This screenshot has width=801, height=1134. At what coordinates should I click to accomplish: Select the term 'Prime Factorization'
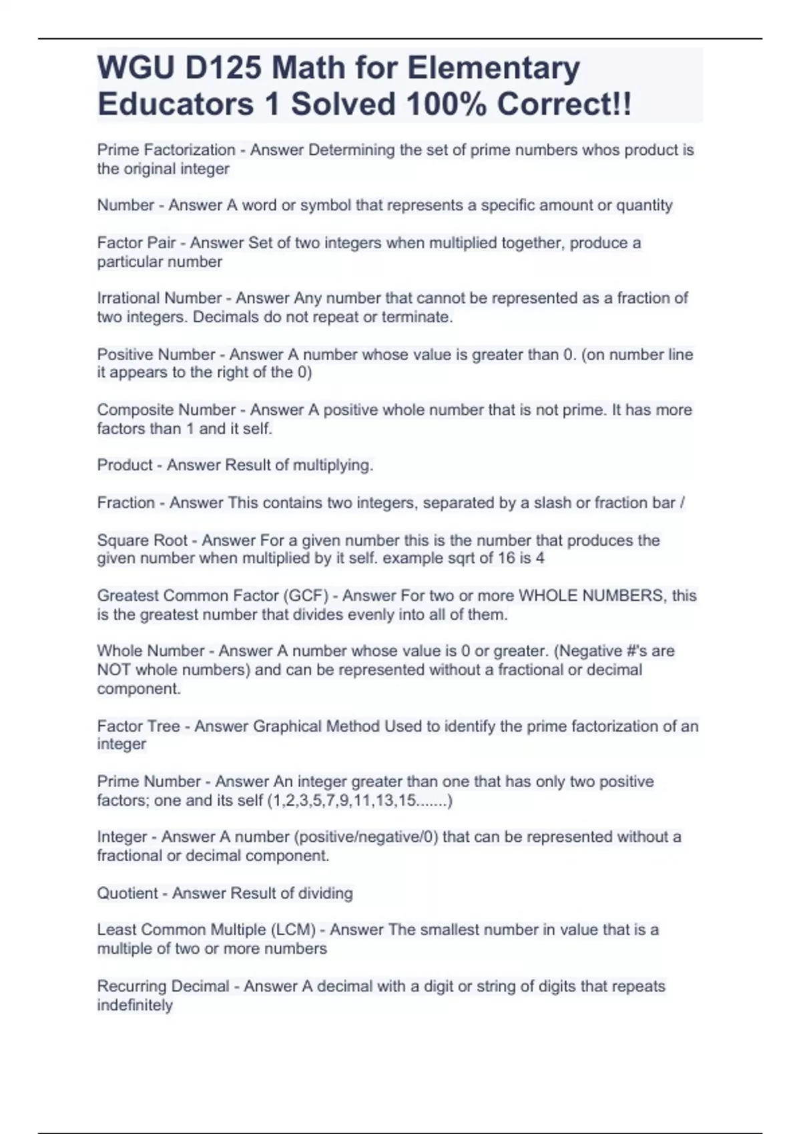pyautogui.click(x=166, y=150)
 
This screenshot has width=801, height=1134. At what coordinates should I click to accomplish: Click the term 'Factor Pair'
pyautogui.click(x=136, y=243)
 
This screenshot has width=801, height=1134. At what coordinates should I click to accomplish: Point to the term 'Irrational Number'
pyautogui.click(x=159, y=298)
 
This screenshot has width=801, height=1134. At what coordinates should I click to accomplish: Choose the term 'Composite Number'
pyautogui.click(x=166, y=410)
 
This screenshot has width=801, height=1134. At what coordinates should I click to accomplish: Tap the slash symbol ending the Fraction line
pyautogui.click(x=682, y=502)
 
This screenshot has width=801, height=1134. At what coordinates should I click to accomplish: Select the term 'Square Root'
pyautogui.click(x=142, y=540)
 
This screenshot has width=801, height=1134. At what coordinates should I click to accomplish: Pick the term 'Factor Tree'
pyautogui.click(x=138, y=726)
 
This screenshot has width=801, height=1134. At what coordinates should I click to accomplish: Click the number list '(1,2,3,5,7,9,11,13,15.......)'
pyautogui.click(x=359, y=800)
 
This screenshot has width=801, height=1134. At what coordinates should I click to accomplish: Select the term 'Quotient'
pyautogui.click(x=127, y=893)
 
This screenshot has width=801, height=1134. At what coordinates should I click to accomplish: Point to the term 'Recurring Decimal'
pyautogui.click(x=163, y=986)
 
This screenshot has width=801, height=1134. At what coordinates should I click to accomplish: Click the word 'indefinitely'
pyautogui.click(x=135, y=1005)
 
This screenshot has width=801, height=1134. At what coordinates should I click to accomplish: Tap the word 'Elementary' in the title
pyautogui.click(x=493, y=68)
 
